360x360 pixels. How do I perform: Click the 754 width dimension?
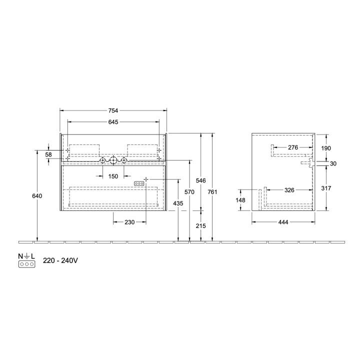[114, 111]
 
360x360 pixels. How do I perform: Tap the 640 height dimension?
[37, 196]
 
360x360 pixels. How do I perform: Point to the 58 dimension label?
[48, 155]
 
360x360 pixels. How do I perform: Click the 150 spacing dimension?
[113, 176]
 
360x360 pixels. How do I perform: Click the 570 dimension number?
[189, 192]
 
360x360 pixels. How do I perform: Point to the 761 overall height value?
[213, 192]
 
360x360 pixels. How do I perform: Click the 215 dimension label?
[201, 226]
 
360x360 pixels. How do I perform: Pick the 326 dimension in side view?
[289, 190]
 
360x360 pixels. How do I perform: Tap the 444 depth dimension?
[283, 222]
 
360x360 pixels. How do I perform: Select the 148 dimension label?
[240, 200]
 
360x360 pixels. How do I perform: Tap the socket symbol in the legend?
[26, 263]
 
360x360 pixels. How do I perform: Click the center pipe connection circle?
[113, 160]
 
